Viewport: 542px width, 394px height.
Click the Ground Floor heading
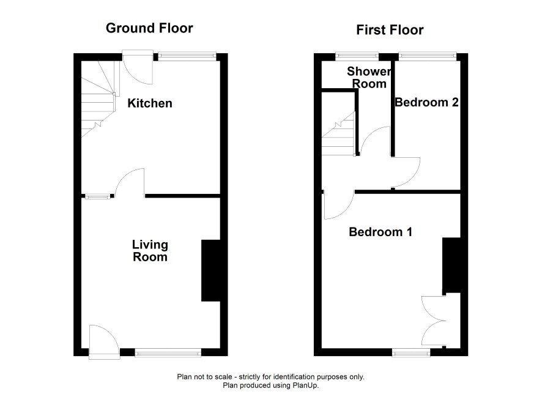click(149, 28)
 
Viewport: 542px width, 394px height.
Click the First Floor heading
click(390, 30)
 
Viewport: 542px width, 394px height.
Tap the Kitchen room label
click(150, 103)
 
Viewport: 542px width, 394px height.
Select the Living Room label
click(150, 251)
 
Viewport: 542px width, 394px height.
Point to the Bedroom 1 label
click(381, 231)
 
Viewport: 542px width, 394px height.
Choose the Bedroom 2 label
click(426, 102)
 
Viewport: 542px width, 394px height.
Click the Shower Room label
click(369, 78)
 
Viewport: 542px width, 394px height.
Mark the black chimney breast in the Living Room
click(211, 270)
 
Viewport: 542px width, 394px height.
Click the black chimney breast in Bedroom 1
click(451, 266)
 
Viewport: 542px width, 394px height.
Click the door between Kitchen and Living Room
click(130, 182)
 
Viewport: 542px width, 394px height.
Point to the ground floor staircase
click(98, 100)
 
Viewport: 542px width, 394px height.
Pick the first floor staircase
click(338, 133)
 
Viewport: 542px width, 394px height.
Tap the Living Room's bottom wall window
click(168, 352)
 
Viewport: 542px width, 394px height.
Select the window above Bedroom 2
click(428, 56)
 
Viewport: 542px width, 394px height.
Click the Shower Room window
click(357, 56)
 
